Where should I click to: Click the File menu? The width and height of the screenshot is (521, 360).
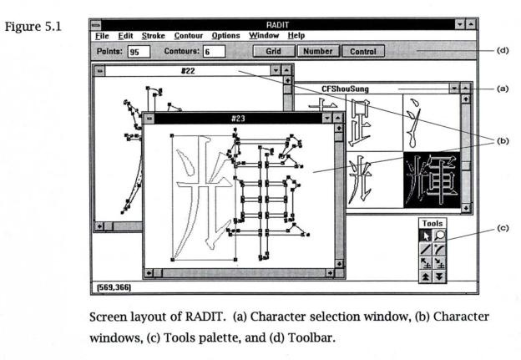coord(101,36)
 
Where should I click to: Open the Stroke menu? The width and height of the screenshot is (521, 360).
coord(153,36)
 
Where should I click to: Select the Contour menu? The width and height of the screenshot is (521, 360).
coord(188,36)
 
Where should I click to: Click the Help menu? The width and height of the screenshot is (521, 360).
coord(296,36)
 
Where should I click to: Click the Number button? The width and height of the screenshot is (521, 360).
coord(316,51)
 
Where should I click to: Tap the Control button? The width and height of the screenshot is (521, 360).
coord(362,51)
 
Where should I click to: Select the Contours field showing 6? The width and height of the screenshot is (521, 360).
coord(214,51)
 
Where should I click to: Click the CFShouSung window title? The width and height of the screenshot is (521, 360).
coord(346,88)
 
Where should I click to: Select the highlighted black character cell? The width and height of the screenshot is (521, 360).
coord(432,179)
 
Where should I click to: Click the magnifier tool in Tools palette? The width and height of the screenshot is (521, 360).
coord(439,236)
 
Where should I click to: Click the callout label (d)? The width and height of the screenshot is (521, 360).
coord(503,50)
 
